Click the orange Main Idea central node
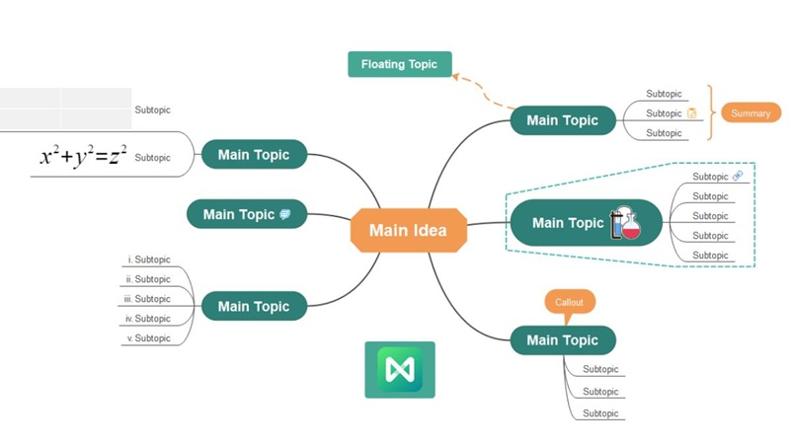click(407, 230)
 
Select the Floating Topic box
click(399, 64)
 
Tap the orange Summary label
click(750, 113)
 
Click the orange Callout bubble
click(570, 301)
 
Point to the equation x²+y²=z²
click(83, 156)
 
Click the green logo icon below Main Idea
click(399, 370)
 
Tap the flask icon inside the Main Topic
click(625, 223)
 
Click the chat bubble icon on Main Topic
click(285, 214)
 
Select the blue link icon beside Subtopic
click(737, 176)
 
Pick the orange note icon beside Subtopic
click(691, 113)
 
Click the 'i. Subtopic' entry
click(149, 259)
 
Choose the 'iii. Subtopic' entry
click(147, 299)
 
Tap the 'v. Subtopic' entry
click(148, 338)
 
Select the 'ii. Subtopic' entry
click(148, 279)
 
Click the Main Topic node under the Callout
click(562, 340)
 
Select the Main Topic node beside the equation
click(254, 155)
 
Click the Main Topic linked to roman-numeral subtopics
click(254, 306)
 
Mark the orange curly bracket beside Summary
click(707, 113)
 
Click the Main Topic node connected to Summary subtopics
click(562, 120)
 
